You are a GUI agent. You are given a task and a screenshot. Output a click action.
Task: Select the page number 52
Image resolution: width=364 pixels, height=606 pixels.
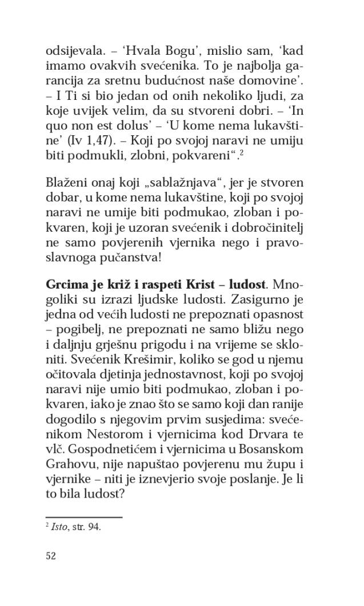pos(50,555)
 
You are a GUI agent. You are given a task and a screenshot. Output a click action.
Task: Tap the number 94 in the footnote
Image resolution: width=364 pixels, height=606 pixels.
pos(94,527)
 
